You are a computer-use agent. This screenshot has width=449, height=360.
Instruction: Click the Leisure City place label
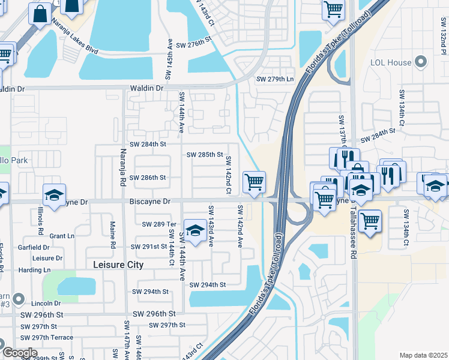click(x=119, y=265)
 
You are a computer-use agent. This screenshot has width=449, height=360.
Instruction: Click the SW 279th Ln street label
click(x=276, y=79)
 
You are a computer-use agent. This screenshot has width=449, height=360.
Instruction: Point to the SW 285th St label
click(x=205, y=155)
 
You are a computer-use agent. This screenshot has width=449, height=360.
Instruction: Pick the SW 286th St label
click(x=148, y=178)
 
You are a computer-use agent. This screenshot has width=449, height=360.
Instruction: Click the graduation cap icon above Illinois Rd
click(x=54, y=196)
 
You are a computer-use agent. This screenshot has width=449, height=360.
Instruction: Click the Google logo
click(x=20, y=353)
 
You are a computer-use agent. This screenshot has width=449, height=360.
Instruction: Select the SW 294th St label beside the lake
click(x=208, y=285)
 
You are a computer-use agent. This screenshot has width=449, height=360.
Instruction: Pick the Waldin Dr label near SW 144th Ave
click(x=146, y=88)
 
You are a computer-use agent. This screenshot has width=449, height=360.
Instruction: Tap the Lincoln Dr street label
click(x=46, y=303)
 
